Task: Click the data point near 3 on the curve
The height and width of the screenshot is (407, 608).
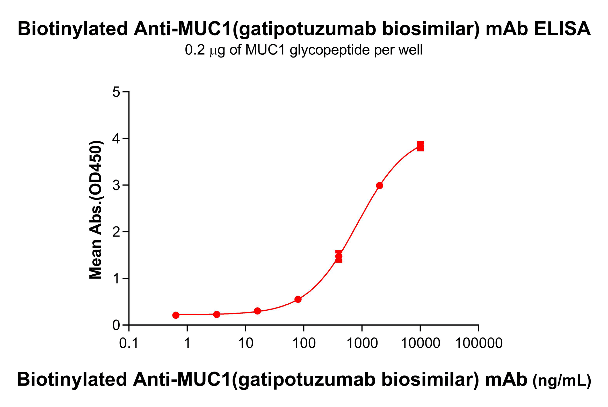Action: (x=379, y=185)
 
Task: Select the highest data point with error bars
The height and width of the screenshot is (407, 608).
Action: (x=420, y=146)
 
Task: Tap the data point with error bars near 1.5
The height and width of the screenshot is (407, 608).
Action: (x=338, y=256)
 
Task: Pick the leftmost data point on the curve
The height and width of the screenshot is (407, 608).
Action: (x=176, y=315)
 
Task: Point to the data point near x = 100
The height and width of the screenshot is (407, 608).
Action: (x=298, y=299)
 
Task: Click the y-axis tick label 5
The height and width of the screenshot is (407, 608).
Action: (x=116, y=92)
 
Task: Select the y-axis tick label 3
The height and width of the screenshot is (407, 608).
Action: (x=116, y=185)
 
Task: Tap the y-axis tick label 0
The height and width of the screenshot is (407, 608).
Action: (x=116, y=325)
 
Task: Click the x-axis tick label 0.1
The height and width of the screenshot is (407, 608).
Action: (x=129, y=343)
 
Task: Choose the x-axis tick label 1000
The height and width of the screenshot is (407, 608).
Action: (x=362, y=343)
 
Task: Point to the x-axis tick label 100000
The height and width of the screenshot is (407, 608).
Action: (x=479, y=343)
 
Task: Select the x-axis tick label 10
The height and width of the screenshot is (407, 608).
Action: (x=245, y=343)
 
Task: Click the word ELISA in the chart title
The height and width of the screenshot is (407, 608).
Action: (x=562, y=28)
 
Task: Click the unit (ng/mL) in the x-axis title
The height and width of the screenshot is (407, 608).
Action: (x=562, y=381)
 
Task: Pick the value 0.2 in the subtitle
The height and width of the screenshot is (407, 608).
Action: (x=195, y=50)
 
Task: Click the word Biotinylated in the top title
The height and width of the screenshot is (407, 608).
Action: (x=73, y=28)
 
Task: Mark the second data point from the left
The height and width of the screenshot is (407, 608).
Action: (x=216, y=314)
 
